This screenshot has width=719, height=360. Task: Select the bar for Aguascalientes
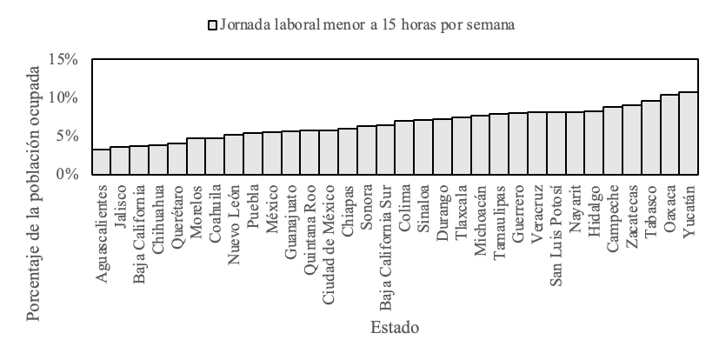(x=101, y=162)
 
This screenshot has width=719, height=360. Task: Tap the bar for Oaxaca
(x=669, y=135)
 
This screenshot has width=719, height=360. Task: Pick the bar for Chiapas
(x=348, y=151)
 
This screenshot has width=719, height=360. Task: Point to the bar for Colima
(x=404, y=148)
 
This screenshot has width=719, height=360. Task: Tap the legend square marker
(x=211, y=25)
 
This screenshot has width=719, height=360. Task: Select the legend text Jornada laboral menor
(x=366, y=25)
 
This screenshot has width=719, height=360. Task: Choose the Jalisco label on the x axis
(x=120, y=201)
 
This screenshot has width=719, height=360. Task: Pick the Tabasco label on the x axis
(x=650, y=207)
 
